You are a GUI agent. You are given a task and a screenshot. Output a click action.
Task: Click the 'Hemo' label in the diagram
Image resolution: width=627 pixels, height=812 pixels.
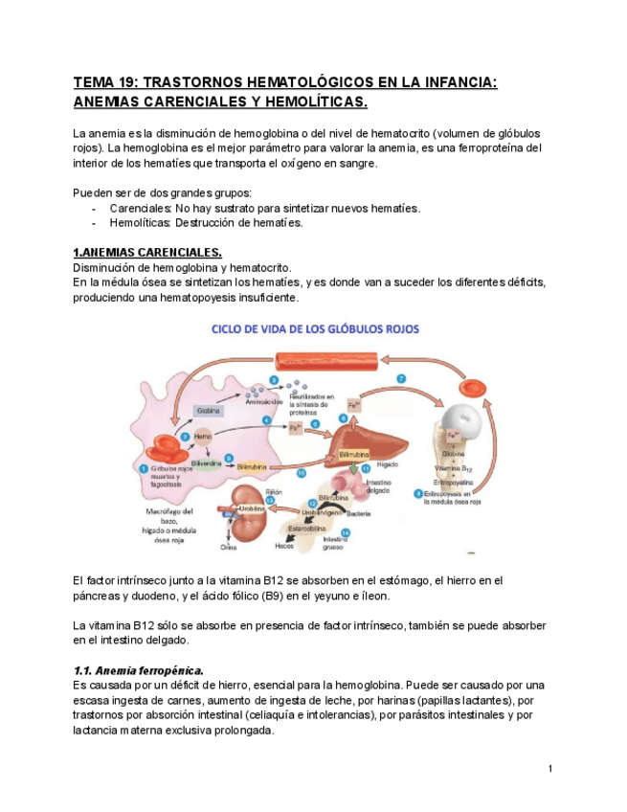202,436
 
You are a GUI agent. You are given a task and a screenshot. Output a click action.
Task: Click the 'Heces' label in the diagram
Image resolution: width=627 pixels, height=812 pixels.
284,546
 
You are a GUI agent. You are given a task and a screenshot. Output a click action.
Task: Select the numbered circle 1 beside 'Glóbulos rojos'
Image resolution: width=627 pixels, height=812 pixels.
143,468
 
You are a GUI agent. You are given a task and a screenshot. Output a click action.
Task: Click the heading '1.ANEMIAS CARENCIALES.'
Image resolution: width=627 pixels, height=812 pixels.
147,252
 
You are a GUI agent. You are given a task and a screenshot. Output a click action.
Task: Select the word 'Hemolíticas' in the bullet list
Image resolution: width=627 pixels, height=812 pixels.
140,223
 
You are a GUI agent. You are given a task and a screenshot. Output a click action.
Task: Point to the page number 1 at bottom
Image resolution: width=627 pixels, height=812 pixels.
551,770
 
